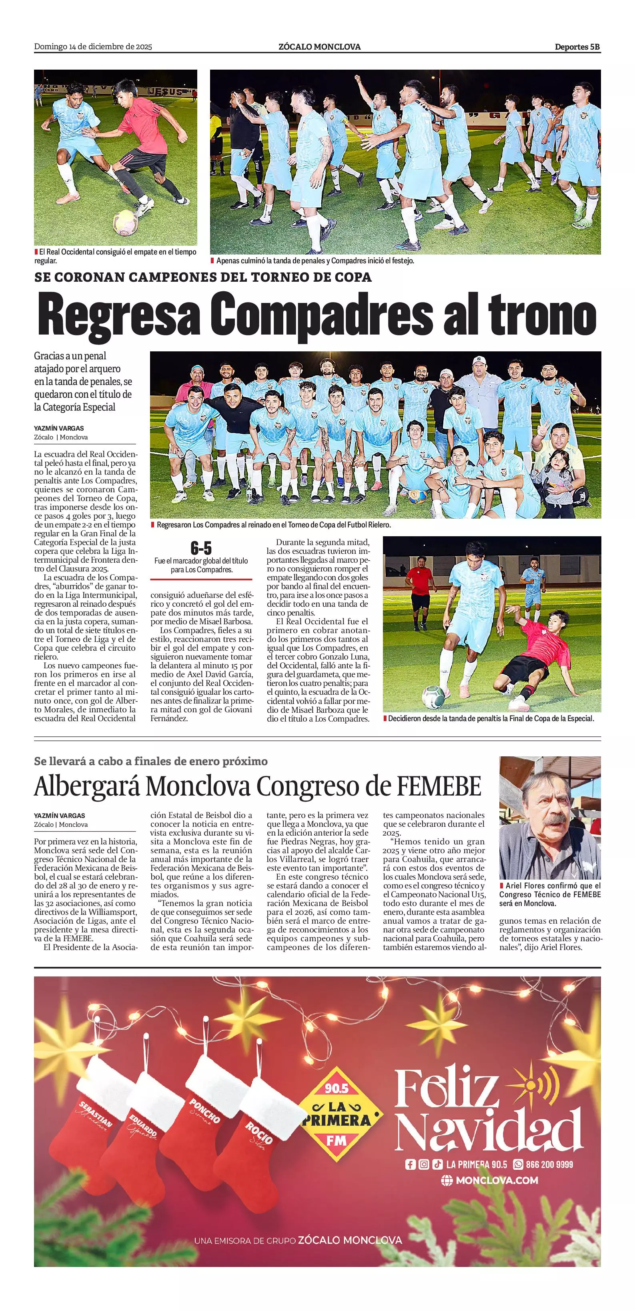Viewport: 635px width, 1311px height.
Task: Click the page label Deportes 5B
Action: click(x=577, y=47)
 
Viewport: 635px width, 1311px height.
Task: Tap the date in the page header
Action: click(x=93, y=47)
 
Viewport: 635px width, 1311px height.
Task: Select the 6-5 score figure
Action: click(x=201, y=548)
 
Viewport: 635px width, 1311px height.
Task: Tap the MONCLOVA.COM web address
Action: click(x=496, y=1180)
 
